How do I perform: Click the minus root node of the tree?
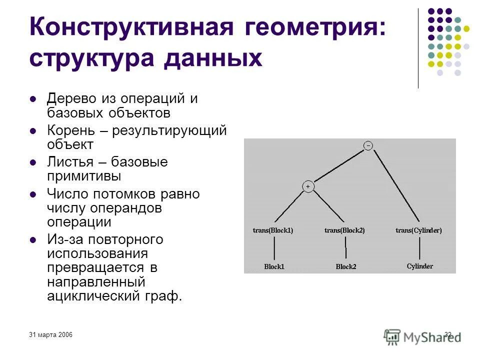368,145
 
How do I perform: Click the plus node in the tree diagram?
308,186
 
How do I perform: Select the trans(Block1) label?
273,230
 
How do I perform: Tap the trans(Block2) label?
344,230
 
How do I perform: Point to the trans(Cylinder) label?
418,230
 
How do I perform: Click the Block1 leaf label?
274,266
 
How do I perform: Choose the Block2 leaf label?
345,266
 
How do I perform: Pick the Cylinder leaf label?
419,266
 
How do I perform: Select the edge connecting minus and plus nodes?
338,166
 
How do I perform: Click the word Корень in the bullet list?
70,131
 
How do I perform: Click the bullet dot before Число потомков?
33,194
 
